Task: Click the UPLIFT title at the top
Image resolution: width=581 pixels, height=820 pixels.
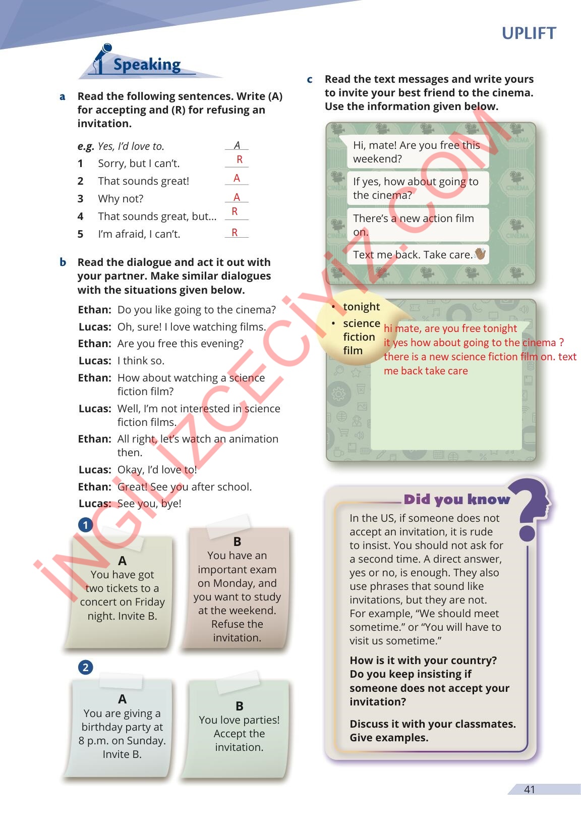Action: click(x=529, y=33)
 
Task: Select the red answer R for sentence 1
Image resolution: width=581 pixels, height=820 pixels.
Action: click(x=240, y=159)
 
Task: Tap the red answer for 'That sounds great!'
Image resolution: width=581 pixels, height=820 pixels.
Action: click(x=237, y=178)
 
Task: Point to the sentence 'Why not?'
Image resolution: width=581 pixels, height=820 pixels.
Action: click(x=121, y=199)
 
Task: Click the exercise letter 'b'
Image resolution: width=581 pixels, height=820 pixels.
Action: click(x=63, y=262)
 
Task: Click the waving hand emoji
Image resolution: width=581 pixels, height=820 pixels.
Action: click(x=480, y=254)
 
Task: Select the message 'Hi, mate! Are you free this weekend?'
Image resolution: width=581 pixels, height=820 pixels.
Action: click(x=417, y=152)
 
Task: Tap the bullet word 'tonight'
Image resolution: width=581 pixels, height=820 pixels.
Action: click(x=361, y=307)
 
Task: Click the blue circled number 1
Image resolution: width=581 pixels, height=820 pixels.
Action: click(x=86, y=525)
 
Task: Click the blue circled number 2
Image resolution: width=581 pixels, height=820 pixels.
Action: click(x=86, y=668)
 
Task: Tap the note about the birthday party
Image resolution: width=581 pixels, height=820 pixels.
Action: click(x=122, y=728)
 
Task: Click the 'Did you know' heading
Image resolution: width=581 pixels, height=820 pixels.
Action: click(x=456, y=500)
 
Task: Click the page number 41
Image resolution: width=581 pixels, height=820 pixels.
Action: click(x=529, y=790)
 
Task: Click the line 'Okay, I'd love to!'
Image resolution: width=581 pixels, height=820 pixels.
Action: click(x=157, y=470)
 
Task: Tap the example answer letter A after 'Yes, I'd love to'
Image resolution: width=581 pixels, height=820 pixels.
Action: click(x=237, y=145)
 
